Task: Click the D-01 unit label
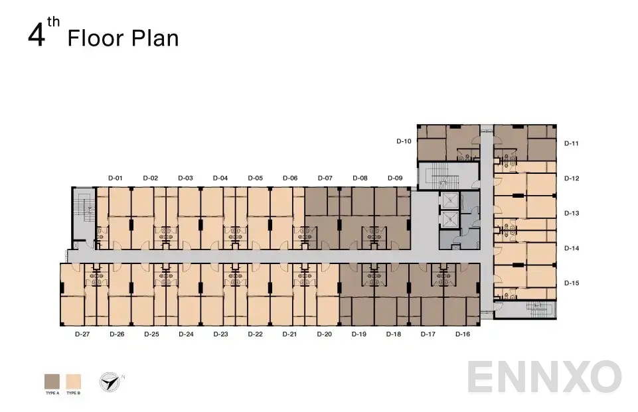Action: click(x=116, y=178)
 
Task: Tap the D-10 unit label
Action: click(x=404, y=141)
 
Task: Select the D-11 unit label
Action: click(x=572, y=143)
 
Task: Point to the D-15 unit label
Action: click(x=572, y=283)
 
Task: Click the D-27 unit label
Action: click(x=82, y=334)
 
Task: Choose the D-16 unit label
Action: click(x=463, y=334)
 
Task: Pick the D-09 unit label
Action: click(x=395, y=178)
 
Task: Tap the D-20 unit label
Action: click(x=324, y=334)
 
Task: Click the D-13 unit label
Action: click(x=572, y=213)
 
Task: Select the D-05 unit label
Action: click(x=256, y=178)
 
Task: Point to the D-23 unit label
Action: click(x=220, y=334)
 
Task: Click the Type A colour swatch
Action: click(x=52, y=381)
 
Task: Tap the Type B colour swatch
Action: click(x=73, y=381)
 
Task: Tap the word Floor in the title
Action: click(x=96, y=38)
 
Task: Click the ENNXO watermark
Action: click(x=544, y=377)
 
